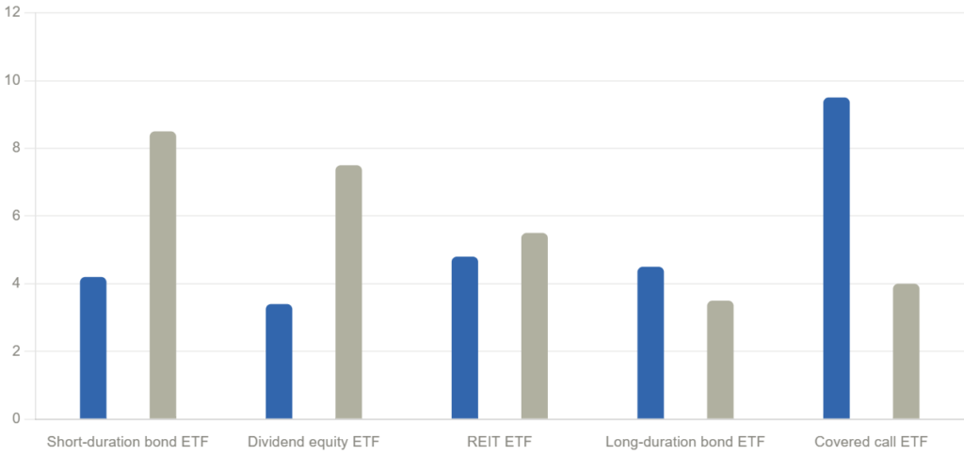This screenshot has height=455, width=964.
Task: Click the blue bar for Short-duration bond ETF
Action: (93, 348)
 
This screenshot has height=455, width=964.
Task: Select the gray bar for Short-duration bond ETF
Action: (163, 274)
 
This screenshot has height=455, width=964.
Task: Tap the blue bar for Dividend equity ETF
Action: (280, 361)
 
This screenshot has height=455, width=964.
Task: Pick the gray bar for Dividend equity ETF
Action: (348, 292)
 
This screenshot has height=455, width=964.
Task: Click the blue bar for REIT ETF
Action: (464, 337)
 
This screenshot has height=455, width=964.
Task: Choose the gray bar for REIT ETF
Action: (534, 325)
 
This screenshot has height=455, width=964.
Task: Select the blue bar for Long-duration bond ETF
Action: (651, 342)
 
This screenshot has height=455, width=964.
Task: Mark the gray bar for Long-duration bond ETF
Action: (720, 359)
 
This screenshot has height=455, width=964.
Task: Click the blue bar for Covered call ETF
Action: (836, 257)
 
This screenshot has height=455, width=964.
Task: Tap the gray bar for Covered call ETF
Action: (906, 350)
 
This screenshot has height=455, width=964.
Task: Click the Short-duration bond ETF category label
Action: (128, 441)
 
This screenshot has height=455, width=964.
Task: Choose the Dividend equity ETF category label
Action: (313, 441)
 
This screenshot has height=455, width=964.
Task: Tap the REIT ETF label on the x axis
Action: (499, 441)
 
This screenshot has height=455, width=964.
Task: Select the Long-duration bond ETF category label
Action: (685, 441)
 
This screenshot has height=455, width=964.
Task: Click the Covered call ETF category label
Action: (871, 441)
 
